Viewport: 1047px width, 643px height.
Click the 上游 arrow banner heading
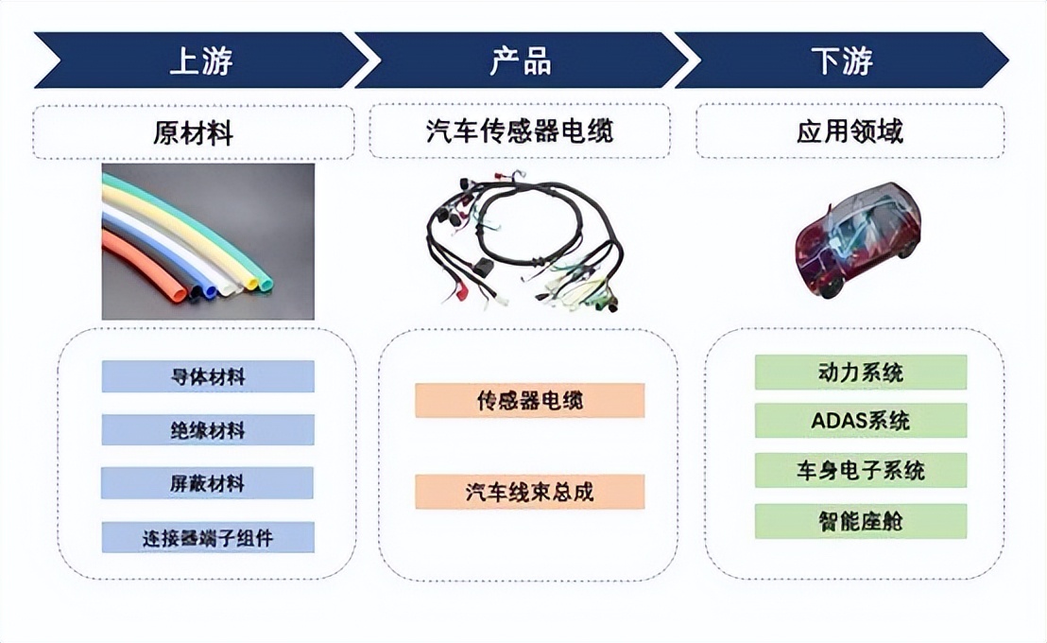200,61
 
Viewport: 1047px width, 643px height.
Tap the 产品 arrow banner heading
521,61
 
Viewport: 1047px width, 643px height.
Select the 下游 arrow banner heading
841,61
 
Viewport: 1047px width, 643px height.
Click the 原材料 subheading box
194,132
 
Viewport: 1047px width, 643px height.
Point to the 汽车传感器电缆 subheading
520,131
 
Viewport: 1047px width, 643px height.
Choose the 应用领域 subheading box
850,131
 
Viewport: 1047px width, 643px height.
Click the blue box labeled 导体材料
208,376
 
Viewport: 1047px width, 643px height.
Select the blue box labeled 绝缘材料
208,430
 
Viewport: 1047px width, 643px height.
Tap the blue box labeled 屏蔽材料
207,482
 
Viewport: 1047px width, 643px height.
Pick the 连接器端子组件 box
208,537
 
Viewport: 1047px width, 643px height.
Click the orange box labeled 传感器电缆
529,400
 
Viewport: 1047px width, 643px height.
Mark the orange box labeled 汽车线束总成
529,492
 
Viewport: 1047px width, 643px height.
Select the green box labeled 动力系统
861,373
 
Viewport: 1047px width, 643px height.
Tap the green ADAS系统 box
861,421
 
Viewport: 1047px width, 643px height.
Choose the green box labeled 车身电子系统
861,470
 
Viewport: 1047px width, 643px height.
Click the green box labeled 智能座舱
861,521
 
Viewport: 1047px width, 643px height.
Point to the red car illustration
857,239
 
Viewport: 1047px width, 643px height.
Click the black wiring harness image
525,243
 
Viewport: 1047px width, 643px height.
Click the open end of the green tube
266,284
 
